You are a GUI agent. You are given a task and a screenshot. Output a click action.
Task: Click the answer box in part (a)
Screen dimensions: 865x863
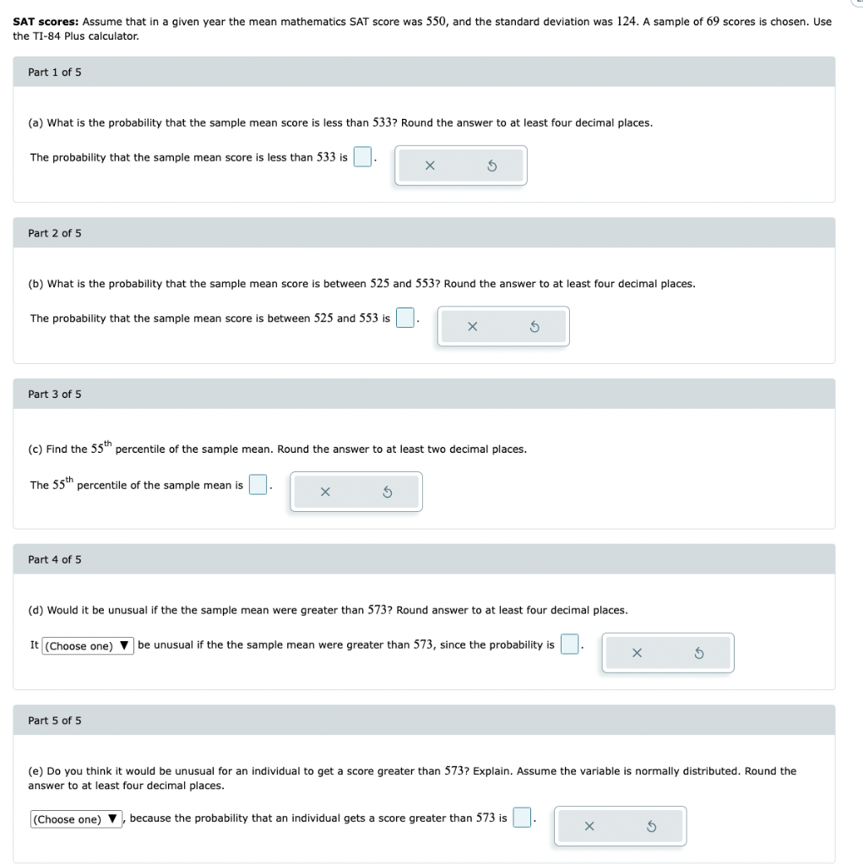tap(362, 157)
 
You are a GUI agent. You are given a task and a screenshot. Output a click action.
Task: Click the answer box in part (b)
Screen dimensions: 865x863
tap(405, 318)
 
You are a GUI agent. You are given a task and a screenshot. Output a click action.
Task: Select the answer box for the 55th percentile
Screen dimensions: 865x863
tap(258, 485)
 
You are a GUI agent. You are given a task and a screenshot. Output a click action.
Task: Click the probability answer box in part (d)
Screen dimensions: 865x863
tap(570, 645)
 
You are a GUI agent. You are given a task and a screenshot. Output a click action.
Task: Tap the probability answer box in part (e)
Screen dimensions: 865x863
tap(523, 818)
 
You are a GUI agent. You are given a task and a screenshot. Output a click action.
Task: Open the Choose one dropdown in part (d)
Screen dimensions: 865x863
tap(87, 646)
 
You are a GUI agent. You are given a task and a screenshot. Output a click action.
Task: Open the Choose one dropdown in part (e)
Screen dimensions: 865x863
tap(77, 819)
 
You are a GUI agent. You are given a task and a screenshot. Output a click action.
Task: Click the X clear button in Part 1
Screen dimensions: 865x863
tap(430, 166)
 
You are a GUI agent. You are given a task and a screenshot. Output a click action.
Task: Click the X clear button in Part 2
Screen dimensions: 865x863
tap(472, 326)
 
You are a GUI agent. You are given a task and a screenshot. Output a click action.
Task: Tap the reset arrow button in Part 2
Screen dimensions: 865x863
tap(535, 326)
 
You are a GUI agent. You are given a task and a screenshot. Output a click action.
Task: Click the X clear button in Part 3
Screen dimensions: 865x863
tap(325, 492)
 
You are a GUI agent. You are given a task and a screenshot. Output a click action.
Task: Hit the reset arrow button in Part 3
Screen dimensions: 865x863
tap(388, 492)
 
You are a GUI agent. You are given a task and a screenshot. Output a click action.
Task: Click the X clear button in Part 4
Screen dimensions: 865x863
tap(637, 653)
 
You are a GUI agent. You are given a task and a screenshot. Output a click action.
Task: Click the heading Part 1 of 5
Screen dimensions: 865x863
tap(55, 72)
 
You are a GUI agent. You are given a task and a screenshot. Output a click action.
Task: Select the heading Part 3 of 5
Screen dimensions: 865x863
tap(55, 394)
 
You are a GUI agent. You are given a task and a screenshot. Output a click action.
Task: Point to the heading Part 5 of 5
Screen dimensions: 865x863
tap(55, 721)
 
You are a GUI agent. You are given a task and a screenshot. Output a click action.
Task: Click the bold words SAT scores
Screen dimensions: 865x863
tap(46, 22)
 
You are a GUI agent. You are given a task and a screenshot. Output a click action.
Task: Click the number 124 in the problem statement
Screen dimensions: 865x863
tap(626, 21)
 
